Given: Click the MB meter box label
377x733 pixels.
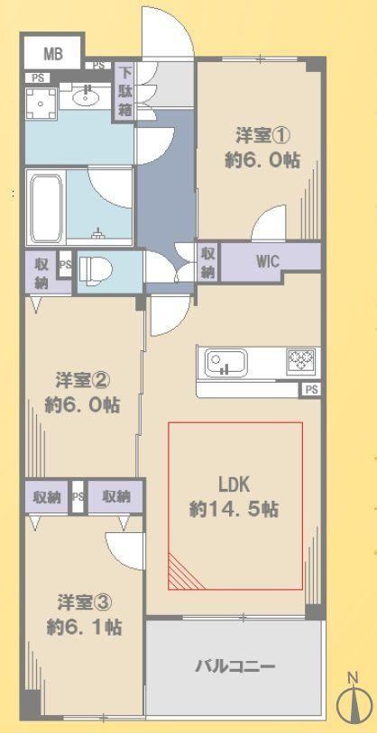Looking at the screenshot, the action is point(53,54).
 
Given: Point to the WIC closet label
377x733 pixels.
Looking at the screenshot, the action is point(267,261).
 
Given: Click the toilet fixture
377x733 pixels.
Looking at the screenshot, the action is point(96,270).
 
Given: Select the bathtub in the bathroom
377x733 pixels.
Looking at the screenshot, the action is point(46,207).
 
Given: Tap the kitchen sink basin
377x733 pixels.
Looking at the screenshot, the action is point(225,362).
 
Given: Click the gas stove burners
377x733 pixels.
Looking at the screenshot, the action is point(301,359).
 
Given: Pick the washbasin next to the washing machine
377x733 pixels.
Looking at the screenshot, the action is point(87,98).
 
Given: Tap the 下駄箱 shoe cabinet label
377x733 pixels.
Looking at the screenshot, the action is point(124,92).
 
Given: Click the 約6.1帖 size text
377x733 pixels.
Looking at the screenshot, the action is point(84,628).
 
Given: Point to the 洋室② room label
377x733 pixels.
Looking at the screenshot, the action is point(83,380).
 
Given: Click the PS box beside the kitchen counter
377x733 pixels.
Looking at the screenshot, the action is point(310,389).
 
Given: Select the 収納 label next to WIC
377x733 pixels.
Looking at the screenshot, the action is point(208,262).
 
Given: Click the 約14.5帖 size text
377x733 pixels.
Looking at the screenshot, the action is point(234,509).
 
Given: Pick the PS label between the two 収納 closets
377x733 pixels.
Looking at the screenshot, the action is point(78,496).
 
